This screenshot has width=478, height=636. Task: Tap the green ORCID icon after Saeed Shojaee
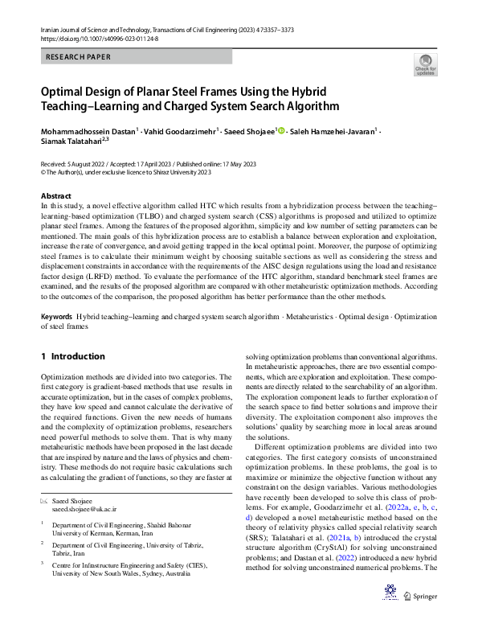tap(281, 130)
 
